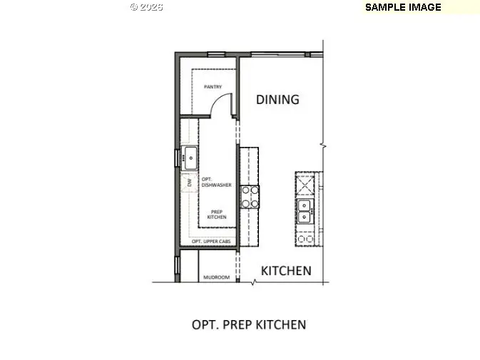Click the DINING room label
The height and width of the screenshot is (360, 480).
[277, 99]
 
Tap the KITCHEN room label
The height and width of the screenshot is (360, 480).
[285, 271]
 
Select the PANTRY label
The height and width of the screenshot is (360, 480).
[213, 87]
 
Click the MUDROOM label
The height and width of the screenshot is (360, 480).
[216, 277]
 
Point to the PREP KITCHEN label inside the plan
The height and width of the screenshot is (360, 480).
[217, 214]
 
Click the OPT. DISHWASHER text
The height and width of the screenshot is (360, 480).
[216, 182]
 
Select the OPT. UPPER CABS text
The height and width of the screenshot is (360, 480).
[211, 242]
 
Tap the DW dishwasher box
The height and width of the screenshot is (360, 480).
[190, 182]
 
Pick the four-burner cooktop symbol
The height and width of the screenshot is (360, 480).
[250, 197]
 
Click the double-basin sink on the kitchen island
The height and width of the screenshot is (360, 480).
[305, 212]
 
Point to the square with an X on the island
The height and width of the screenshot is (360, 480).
[305, 183]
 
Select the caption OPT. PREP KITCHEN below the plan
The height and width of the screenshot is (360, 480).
[249, 325]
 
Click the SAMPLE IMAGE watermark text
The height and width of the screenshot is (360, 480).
[403, 7]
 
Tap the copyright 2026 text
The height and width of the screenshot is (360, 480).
[146, 6]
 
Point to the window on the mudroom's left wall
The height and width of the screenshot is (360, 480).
[176, 265]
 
